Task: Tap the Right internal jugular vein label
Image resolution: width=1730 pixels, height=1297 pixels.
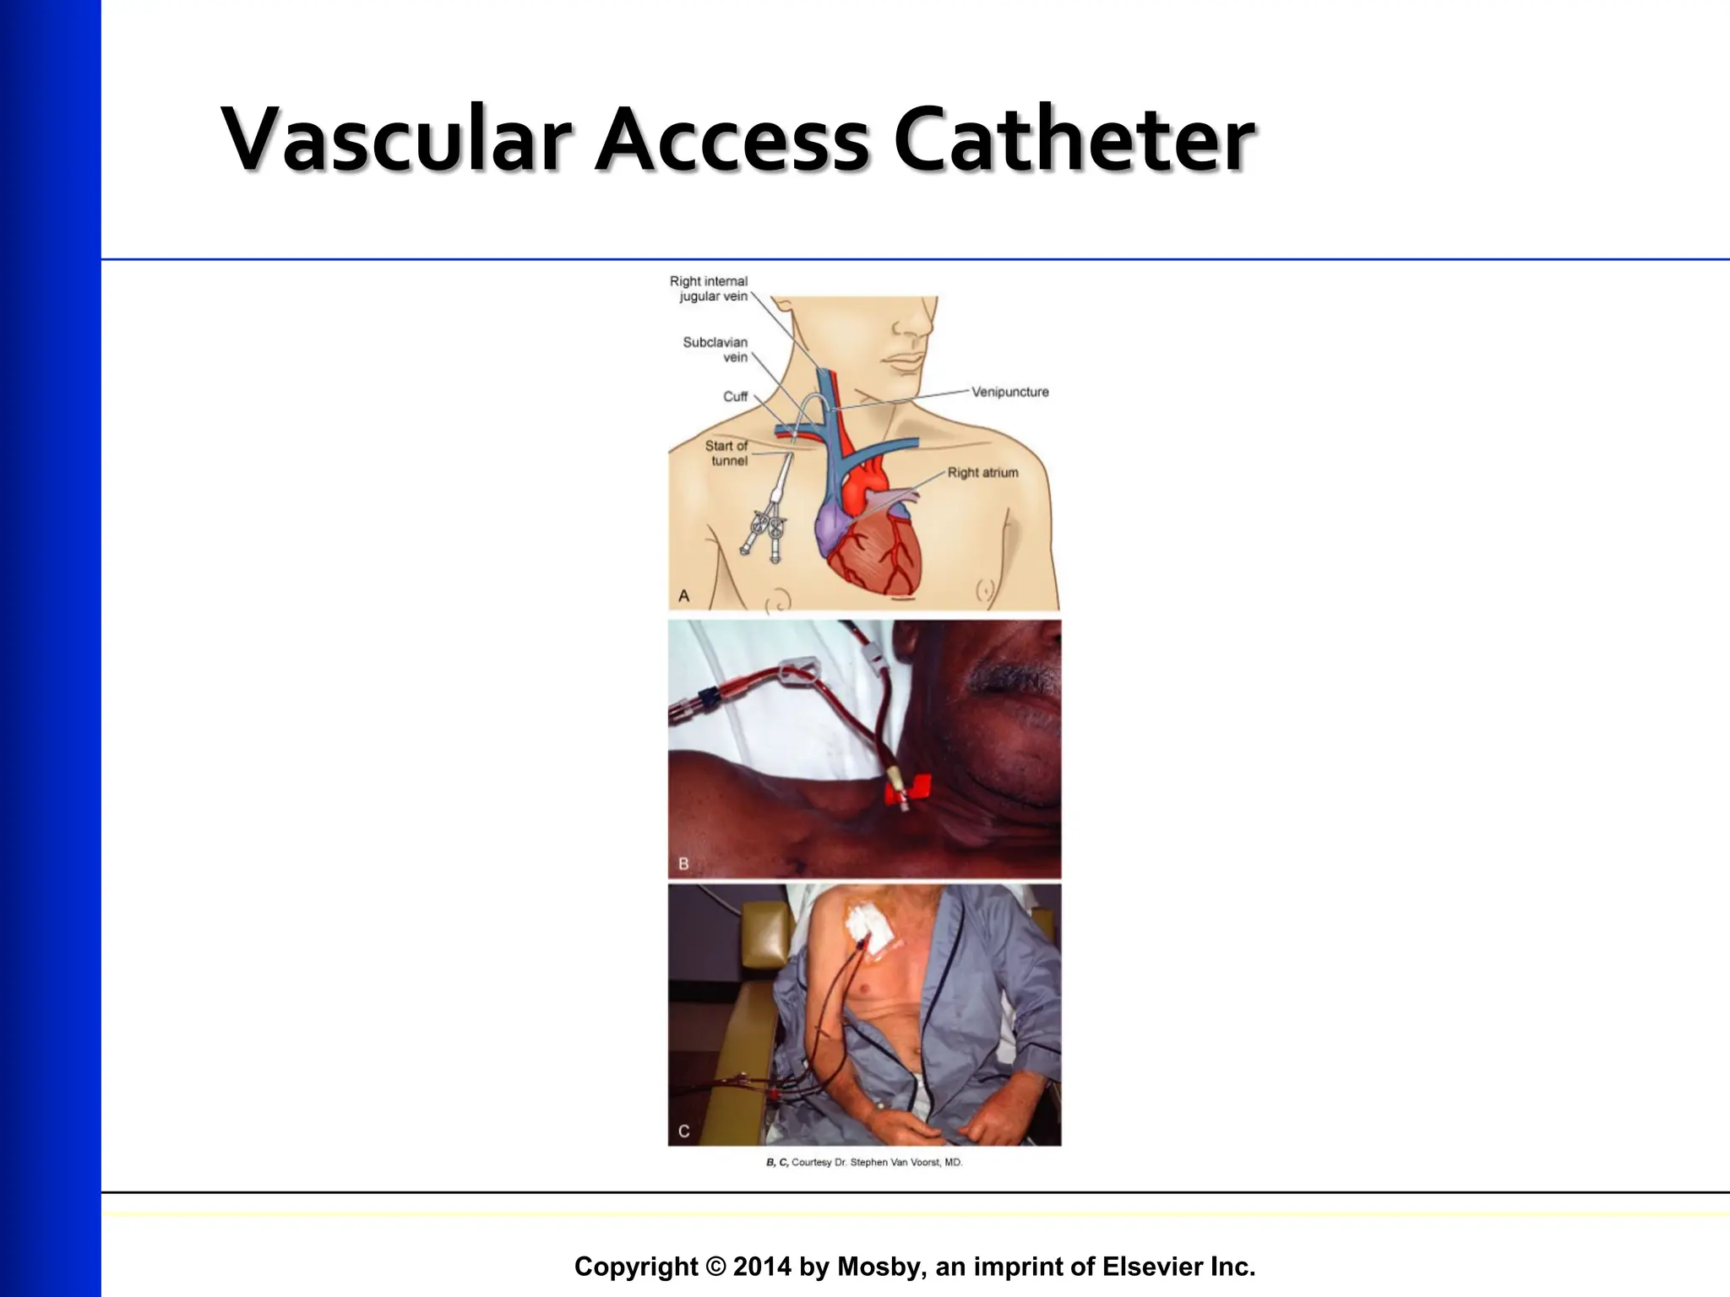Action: coord(709,289)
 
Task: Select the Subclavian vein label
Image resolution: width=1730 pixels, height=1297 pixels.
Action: coord(715,350)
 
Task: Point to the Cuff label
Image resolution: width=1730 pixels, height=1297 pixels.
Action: coord(735,397)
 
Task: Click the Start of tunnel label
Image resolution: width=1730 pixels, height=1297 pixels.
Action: coord(727,453)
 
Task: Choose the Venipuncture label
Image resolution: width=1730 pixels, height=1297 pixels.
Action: coord(1009,392)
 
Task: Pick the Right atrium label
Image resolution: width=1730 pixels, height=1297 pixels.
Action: coord(982,473)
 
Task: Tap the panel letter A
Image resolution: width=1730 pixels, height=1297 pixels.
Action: coord(684,596)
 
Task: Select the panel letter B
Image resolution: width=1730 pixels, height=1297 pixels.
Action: coord(683,864)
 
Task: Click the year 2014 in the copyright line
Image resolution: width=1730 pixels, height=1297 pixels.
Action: coord(763,1267)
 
